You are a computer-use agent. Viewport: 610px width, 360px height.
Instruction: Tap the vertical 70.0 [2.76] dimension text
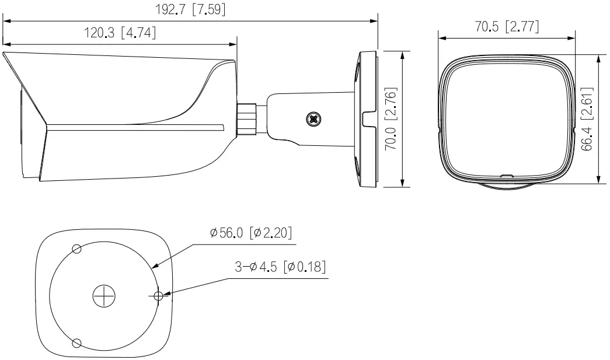392,120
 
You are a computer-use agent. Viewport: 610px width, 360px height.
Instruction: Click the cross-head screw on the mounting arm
314,120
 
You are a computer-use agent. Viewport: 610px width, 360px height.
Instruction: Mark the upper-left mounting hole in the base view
76,249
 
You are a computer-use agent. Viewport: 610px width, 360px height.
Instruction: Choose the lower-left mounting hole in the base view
76,342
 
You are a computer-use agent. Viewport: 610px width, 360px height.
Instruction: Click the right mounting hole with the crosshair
158,296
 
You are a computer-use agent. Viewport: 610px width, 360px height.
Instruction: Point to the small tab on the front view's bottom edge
506,174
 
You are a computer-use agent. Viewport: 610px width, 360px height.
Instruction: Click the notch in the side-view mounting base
367,120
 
